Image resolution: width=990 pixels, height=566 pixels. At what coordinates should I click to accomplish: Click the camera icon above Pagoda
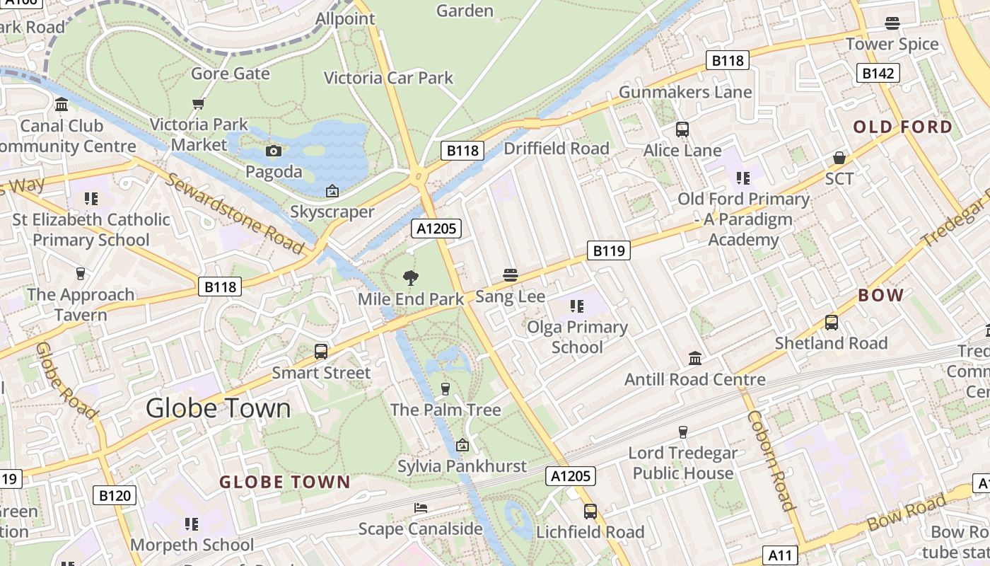(x=274, y=151)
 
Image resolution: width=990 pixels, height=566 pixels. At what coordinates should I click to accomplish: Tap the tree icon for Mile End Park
(x=409, y=278)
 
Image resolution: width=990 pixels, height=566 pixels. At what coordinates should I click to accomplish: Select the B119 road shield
(x=608, y=250)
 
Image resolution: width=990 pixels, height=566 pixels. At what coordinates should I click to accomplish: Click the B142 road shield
(x=878, y=73)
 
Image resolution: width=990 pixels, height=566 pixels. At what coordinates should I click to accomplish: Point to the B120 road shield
(x=115, y=495)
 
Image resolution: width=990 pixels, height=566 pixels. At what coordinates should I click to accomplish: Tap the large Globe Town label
(x=218, y=408)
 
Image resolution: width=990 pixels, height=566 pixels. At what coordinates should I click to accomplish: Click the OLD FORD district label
(x=902, y=127)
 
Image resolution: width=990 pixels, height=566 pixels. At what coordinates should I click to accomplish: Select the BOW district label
(x=880, y=296)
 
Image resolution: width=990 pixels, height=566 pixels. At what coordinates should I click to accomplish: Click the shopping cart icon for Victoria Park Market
(x=198, y=104)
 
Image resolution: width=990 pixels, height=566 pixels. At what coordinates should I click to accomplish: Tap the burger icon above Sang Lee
(x=510, y=275)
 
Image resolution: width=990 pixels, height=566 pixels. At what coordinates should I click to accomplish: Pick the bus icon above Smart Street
(x=320, y=352)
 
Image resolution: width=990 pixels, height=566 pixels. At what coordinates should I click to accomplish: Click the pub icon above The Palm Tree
(x=445, y=388)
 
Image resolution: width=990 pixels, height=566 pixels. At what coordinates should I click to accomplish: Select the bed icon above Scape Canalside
(x=420, y=508)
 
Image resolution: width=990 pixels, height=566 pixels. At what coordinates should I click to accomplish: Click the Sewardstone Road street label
(x=235, y=212)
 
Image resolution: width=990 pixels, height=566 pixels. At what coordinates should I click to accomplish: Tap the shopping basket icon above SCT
(x=839, y=157)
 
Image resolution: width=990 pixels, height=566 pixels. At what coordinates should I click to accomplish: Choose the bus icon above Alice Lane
(x=682, y=129)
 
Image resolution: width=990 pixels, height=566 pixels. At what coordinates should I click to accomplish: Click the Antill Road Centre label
(x=694, y=380)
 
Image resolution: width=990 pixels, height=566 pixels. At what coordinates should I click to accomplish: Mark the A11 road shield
(x=780, y=555)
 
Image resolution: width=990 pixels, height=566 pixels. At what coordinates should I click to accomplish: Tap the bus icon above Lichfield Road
(x=590, y=511)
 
